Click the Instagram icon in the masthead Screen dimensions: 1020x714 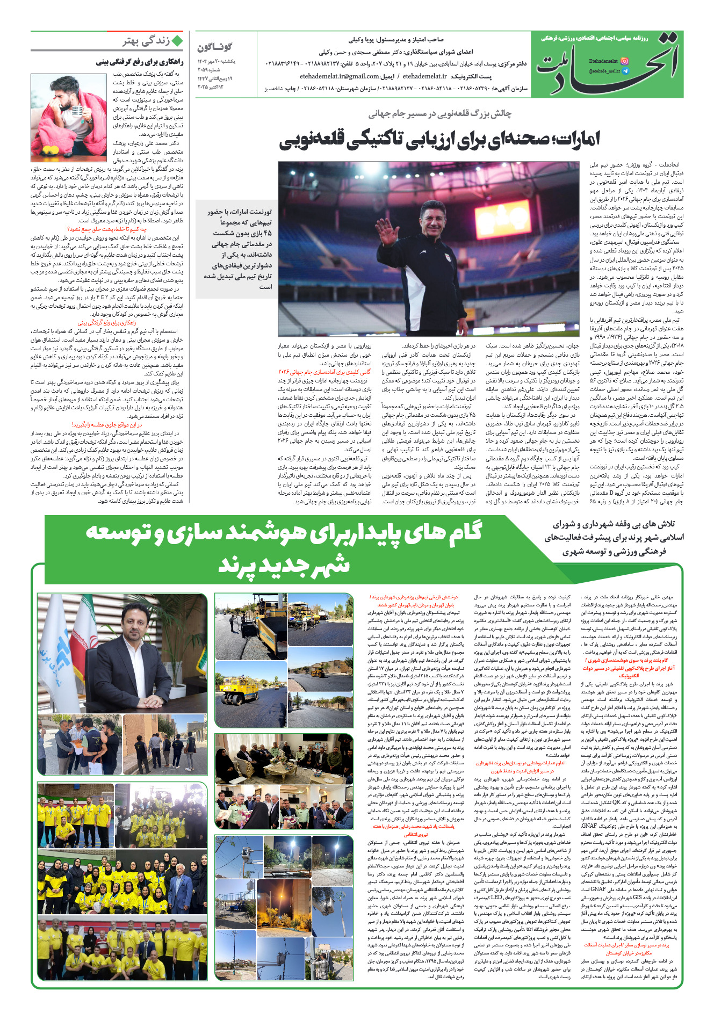[624, 61]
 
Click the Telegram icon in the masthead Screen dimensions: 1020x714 [624, 71]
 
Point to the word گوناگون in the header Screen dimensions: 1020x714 [214, 47]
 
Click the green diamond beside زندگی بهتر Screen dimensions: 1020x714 [177, 41]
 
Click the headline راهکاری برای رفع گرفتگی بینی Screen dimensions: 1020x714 [140, 62]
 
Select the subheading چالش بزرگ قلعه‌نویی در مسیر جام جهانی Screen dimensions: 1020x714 [439, 113]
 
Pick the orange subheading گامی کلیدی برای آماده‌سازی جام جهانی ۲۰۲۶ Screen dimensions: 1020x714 [324, 372]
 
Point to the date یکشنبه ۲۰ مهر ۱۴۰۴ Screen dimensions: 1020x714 [216, 61]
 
